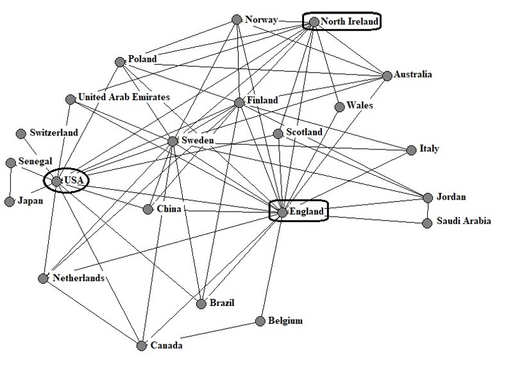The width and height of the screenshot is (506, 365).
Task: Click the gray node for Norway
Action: tap(237, 19)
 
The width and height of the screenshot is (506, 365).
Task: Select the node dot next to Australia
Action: tap(387, 76)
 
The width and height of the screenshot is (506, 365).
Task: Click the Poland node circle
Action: tap(119, 62)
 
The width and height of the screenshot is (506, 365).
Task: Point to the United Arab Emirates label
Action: tap(123, 98)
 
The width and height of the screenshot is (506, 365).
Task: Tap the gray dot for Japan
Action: tap(9, 201)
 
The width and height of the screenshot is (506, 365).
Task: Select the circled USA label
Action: tap(70, 182)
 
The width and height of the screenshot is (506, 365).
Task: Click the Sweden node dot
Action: tap(172, 141)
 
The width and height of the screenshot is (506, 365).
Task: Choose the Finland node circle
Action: tap(239, 103)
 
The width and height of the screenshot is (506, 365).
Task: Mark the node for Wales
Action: tap(339, 107)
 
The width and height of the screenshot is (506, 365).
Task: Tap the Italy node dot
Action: tap(412, 150)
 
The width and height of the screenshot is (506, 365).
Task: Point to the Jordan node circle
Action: tap(428, 197)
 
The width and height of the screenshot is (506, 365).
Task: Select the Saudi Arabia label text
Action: tap(464, 221)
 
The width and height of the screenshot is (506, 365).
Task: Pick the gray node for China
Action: tap(148, 210)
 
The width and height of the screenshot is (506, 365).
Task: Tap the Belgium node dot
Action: tap(260, 321)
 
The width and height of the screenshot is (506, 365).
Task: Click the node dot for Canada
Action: tap(142, 346)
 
